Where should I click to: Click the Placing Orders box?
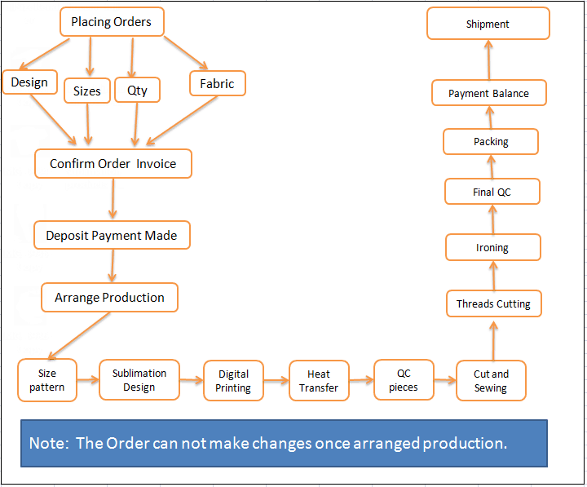pyautogui.click(x=112, y=22)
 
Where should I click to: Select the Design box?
pyautogui.click(x=29, y=82)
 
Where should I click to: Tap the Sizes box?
pyautogui.click(x=87, y=91)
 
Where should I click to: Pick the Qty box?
pyautogui.click(x=137, y=90)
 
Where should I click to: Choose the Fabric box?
pyautogui.click(x=217, y=83)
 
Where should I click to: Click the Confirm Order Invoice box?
pyautogui.click(x=113, y=163)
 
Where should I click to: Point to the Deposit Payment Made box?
pyautogui.click(x=112, y=235)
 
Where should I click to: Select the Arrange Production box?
pyautogui.click(x=109, y=297)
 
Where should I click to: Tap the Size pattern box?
pyautogui.click(x=47, y=380)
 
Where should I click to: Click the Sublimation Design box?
pyautogui.click(x=139, y=380)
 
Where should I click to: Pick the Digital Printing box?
pyautogui.click(x=233, y=381)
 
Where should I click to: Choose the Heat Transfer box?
pyautogui.click(x=319, y=381)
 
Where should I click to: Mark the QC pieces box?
pyautogui.click(x=404, y=380)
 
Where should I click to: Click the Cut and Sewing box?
pyautogui.click(x=491, y=381)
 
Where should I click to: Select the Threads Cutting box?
pyautogui.click(x=493, y=303)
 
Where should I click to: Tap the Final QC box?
pyautogui.click(x=492, y=192)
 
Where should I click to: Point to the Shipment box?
pyautogui.click(x=488, y=24)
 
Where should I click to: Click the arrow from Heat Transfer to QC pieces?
pyautogui.click(x=361, y=380)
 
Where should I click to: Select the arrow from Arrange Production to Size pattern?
pyautogui.click(x=79, y=334)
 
